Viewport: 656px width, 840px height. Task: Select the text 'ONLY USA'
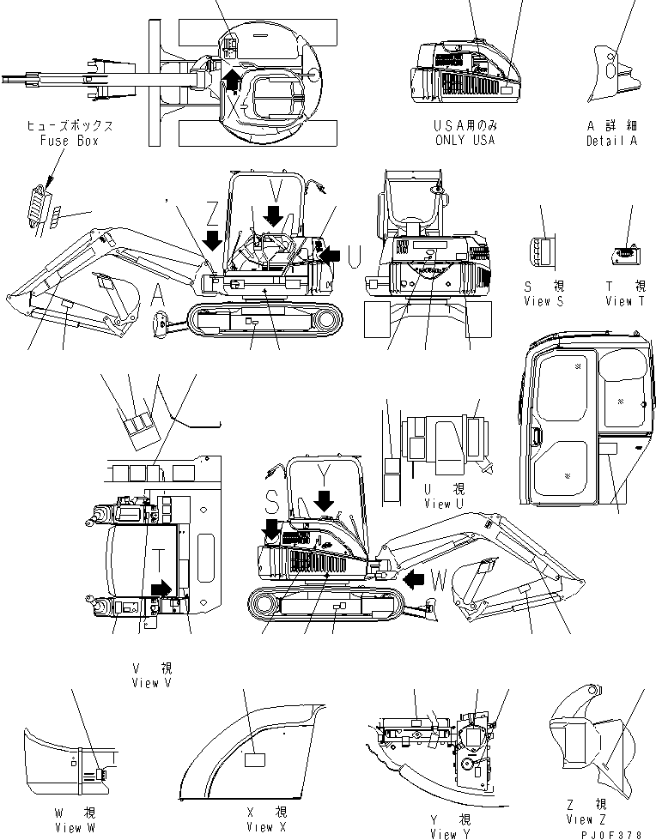[465, 140]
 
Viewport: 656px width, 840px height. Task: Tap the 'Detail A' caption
[611, 141]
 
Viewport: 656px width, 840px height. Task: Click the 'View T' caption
[629, 301]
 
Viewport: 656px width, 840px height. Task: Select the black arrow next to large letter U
[330, 253]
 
